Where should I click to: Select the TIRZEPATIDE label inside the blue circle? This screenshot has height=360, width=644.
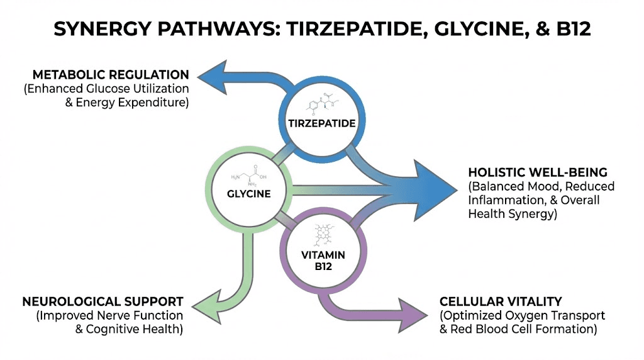coord(322,123)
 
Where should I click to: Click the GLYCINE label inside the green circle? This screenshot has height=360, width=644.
coord(249,193)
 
